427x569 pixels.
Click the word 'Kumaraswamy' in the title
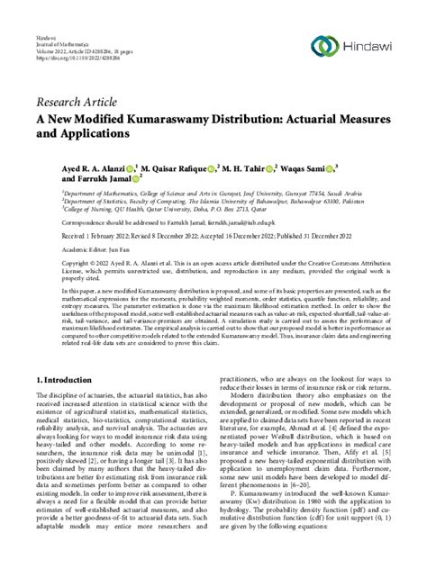(x=195, y=122)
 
